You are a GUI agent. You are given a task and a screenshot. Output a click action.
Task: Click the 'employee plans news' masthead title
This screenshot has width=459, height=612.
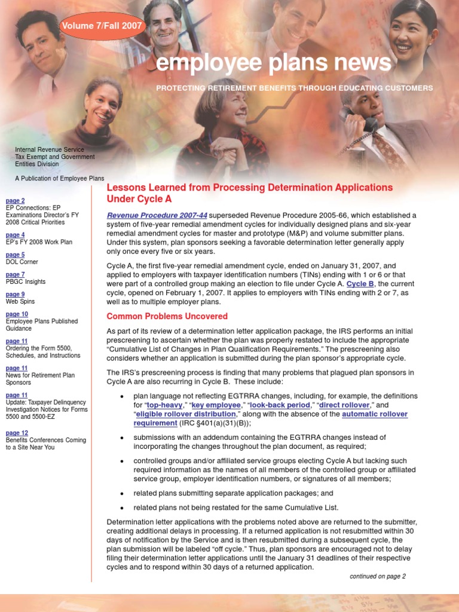[273, 63]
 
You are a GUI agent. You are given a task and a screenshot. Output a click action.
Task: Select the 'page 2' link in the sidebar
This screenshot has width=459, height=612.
[15, 201]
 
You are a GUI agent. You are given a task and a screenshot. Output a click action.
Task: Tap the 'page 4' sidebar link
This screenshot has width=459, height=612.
[15, 235]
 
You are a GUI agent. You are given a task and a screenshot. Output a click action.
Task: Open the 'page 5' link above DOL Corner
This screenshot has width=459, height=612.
[15, 255]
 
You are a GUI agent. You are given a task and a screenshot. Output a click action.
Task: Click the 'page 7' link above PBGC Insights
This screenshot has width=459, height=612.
[15, 275]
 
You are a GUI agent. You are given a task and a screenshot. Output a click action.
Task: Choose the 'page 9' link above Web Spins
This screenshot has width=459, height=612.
[15, 295]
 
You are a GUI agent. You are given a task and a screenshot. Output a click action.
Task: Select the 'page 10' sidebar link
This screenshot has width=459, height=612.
[17, 314]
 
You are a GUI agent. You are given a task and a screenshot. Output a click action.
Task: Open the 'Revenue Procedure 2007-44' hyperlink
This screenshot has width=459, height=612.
[157, 215]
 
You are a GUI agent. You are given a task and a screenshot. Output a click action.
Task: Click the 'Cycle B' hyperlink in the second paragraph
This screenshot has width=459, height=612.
[360, 284]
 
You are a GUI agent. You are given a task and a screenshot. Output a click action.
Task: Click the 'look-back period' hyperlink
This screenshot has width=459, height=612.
[279, 405]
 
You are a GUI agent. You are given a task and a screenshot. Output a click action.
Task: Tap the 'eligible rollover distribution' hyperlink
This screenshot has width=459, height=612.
[186, 414]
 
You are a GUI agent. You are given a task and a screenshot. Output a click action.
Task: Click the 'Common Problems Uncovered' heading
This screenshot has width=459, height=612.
[167, 316]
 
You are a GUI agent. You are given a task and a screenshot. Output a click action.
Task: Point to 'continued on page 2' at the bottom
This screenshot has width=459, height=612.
[377, 576]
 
